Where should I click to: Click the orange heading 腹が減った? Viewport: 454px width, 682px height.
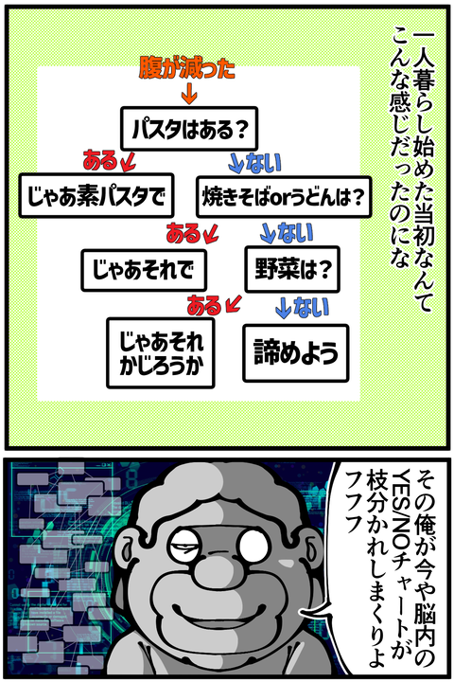point(187,68)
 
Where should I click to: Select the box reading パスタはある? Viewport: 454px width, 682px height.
point(189,129)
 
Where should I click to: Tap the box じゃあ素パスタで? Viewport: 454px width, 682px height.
point(96,196)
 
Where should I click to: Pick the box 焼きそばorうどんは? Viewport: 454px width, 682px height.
point(284,197)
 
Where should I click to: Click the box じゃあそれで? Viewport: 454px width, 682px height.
point(144,270)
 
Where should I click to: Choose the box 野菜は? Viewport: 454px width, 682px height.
point(292,269)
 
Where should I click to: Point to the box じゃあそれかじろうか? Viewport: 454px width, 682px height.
point(161,353)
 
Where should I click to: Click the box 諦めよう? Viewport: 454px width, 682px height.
point(296,352)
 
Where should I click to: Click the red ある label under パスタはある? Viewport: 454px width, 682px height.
point(100,160)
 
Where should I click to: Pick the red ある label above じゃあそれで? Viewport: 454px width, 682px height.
point(183,234)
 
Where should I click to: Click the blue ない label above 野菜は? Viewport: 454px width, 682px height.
point(295,233)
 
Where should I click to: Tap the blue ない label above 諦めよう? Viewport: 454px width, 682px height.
point(311,307)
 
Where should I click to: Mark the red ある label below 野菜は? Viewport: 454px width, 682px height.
point(204,305)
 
